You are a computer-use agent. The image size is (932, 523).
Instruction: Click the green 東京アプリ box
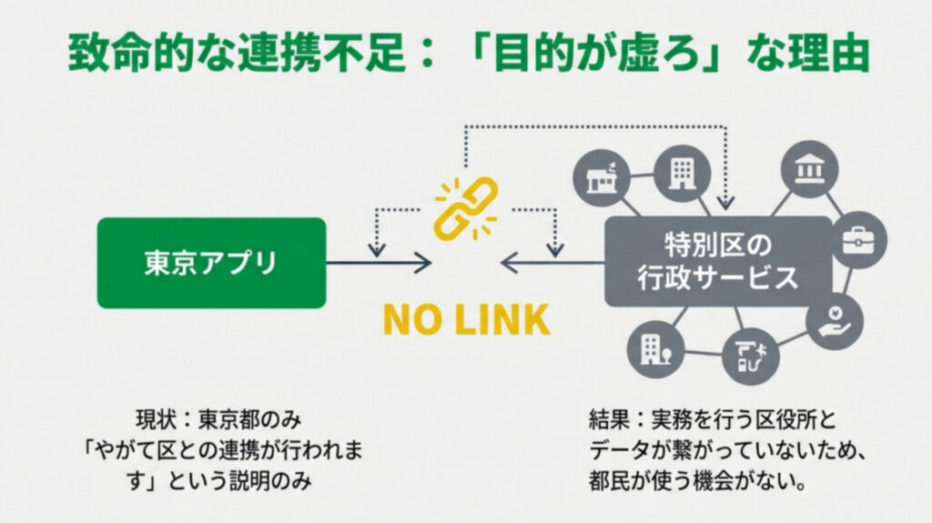click(x=211, y=262)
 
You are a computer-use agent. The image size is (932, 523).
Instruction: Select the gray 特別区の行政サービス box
click(x=718, y=261)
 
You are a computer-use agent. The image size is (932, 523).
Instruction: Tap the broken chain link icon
click(x=465, y=206)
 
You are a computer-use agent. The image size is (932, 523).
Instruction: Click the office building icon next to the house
click(x=681, y=170)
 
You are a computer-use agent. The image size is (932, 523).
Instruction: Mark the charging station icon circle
click(x=750, y=356)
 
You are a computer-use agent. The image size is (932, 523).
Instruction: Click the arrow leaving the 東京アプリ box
click(x=379, y=264)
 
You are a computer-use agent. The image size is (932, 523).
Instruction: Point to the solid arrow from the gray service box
click(x=552, y=264)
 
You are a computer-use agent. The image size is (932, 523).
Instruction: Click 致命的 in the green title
click(x=117, y=54)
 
